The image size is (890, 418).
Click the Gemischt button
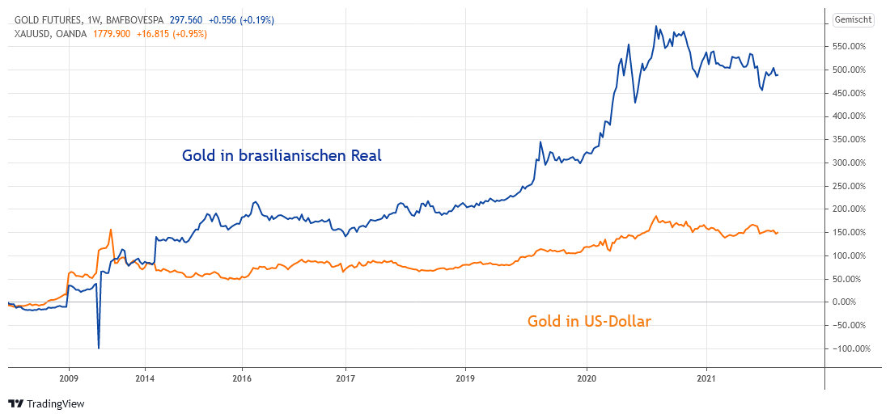pos(851,20)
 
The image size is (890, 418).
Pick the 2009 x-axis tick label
pos(69,378)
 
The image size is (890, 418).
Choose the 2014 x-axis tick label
pos(145,378)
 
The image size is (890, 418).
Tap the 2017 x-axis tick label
pos(345,378)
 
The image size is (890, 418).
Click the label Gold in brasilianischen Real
pos(282,155)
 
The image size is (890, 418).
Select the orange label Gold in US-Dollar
pos(589,321)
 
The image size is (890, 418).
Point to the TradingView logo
pos(46,403)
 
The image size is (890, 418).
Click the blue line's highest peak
pos(656,26)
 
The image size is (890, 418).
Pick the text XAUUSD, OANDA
pos(50,34)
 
